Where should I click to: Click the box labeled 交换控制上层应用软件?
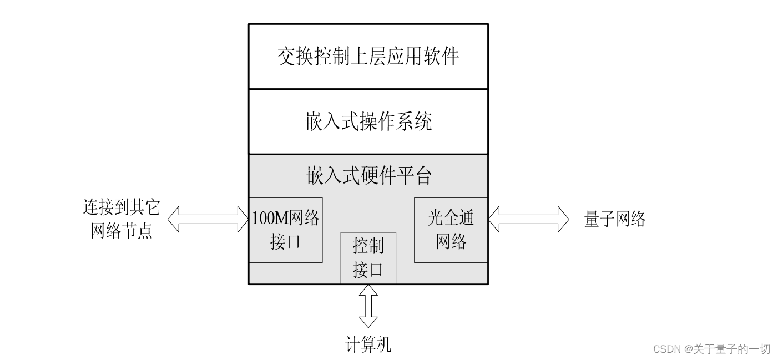click(368, 56)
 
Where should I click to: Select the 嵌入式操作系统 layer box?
click(368, 121)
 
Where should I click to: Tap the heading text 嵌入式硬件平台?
click(368, 175)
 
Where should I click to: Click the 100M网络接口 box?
click(286, 230)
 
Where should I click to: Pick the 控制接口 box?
click(368, 257)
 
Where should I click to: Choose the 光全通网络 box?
click(451, 230)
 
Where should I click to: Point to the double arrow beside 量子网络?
click(528, 219)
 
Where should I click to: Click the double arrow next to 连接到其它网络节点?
click(208, 219)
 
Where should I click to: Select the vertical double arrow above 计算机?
click(368, 306)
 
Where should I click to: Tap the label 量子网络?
click(615, 220)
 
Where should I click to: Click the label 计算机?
click(368, 345)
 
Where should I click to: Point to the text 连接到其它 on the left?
click(121, 208)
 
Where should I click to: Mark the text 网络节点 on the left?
click(121, 231)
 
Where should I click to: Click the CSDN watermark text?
click(711, 349)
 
